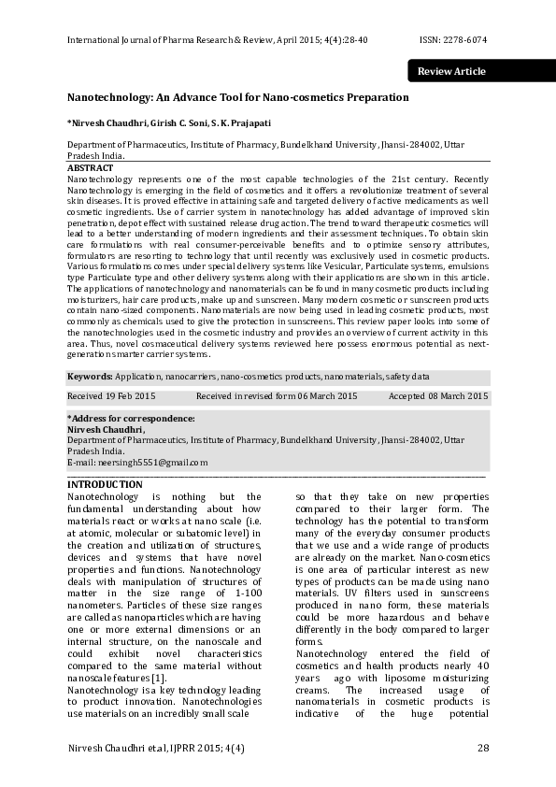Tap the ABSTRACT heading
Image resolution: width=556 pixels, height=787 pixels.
(91, 168)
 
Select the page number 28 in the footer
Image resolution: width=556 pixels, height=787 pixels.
(482, 748)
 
